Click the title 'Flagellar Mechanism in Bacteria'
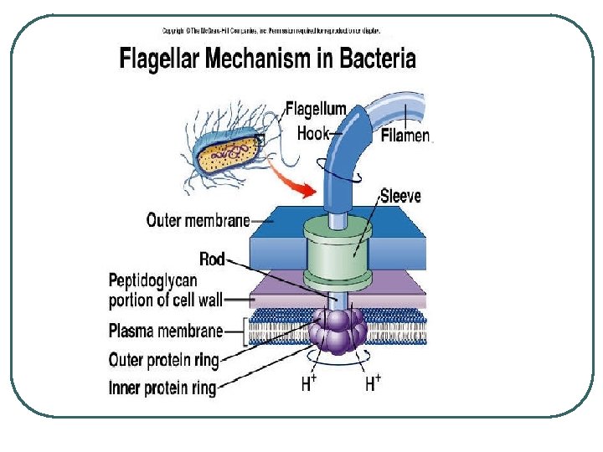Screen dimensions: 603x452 [x=267, y=59]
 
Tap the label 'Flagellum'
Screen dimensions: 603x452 [x=316, y=109]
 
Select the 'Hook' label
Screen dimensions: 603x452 [x=312, y=133]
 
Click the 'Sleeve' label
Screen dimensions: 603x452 [x=400, y=196]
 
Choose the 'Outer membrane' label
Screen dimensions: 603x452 [x=198, y=220]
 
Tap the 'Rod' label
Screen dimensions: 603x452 [x=212, y=259]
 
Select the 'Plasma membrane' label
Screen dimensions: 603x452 [x=166, y=331]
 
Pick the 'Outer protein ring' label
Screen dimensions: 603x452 [x=164, y=361]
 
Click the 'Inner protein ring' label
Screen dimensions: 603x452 [x=162, y=388]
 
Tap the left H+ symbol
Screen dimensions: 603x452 [x=309, y=384]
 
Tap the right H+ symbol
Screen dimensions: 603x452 [x=373, y=384]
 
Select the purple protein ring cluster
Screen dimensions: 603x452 [x=335, y=330]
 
